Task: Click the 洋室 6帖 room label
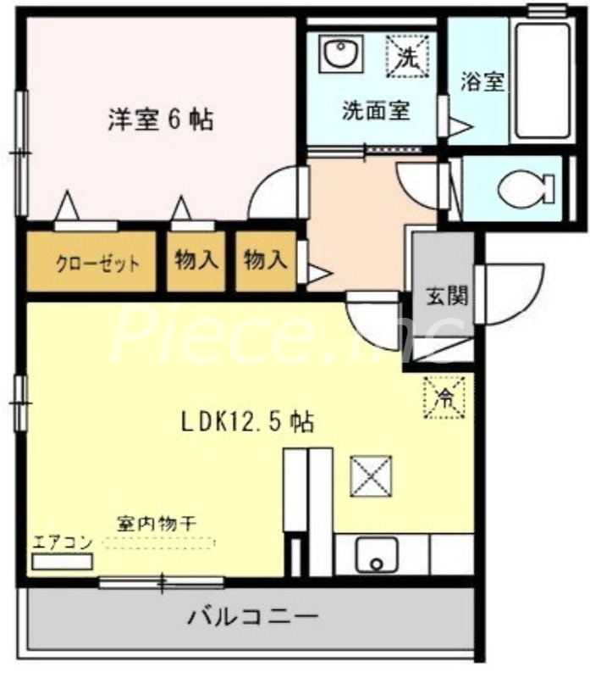coord(160,119)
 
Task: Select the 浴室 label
coord(483,82)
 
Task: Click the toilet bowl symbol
coord(525,189)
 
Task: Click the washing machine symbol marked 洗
coord(408,57)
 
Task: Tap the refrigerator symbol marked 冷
coord(445,395)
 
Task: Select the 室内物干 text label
coord(156,524)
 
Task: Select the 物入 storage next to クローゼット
coord(196,261)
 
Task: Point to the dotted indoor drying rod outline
coord(161,543)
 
